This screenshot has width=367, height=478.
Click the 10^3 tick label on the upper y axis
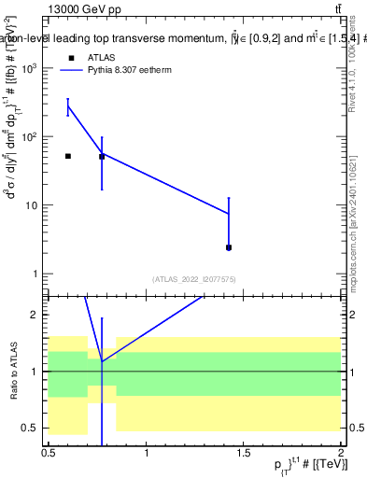pyautogui.click(x=30, y=68)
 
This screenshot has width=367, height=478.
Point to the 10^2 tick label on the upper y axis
pyautogui.click(x=30, y=137)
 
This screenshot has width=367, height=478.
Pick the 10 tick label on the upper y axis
pyautogui.click(x=33, y=205)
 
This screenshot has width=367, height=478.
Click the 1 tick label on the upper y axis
pyautogui.click(x=35, y=274)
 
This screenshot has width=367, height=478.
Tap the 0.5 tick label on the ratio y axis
pyautogui.click(x=31, y=428)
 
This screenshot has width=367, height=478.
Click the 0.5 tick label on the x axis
pyautogui.click(x=49, y=452)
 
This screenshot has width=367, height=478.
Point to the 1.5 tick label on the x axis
pyautogui.click(x=244, y=452)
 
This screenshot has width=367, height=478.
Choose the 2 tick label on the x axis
pyautogui.click(x=341, y=452)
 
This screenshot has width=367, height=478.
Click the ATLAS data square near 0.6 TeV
pyautogui.click(x=68, y=156)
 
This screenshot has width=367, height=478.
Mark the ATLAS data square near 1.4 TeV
pyautogui.click(x=229, y=247)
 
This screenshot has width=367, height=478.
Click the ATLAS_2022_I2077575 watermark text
pyautogui.click(x=194, y=279)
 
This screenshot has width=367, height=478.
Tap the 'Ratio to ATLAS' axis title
pyautogui.click(x=11, y=371)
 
